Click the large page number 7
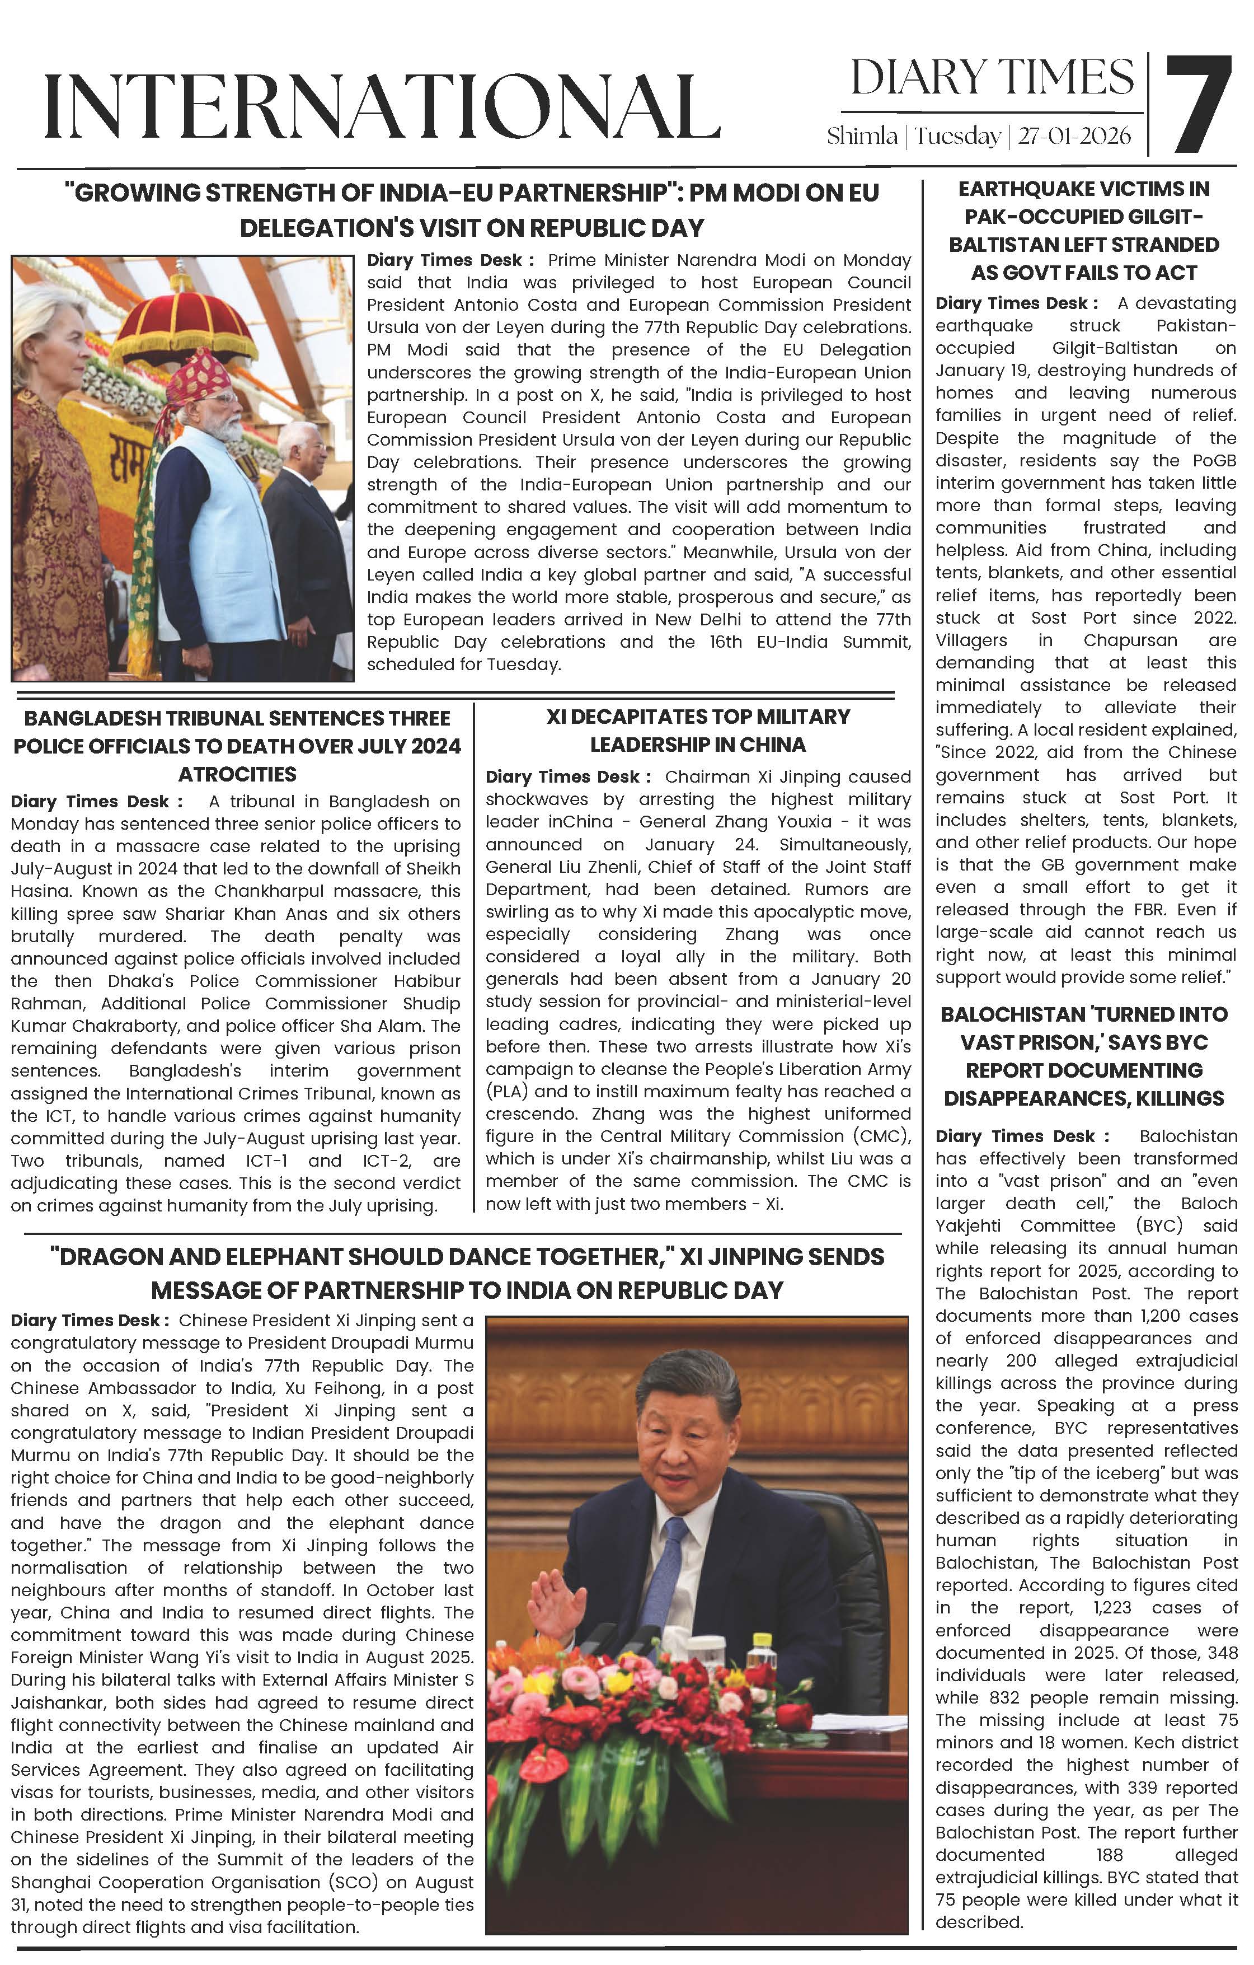click(x=1197, y=105)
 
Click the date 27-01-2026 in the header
click(x=1074, y=136)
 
